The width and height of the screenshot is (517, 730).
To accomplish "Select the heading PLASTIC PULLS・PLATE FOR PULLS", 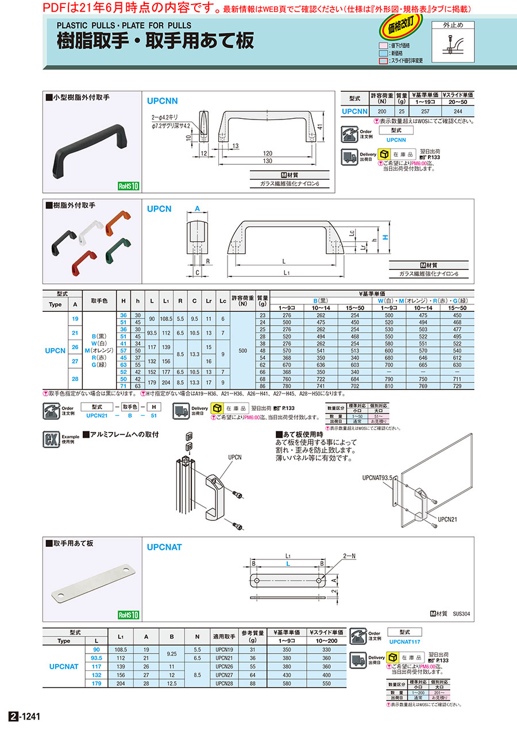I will [124, 25].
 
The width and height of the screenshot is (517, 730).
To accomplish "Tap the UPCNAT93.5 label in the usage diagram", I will [377, 477].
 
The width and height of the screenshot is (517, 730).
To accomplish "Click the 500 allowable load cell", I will [242, 350].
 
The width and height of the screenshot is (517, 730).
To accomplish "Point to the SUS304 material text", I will [461, 614].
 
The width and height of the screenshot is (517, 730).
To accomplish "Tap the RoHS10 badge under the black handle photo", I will [129, 186].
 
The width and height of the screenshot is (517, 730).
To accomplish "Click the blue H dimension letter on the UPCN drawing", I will [386, 237].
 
